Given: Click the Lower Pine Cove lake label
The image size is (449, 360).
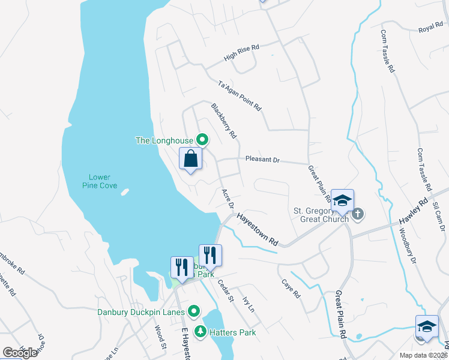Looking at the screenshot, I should [100, 181].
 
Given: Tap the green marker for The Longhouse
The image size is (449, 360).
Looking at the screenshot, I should [202, 140].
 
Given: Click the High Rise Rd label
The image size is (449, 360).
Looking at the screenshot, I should [241, 53].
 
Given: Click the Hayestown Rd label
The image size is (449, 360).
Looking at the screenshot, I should [258, 230].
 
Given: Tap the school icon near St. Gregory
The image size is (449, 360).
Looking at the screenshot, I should [342, 201].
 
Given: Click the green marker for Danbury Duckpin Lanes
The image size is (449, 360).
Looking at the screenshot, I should [194, 312].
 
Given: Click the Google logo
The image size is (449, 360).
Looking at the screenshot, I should [20, 352].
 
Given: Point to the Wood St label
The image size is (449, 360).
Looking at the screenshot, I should [160, 337].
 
